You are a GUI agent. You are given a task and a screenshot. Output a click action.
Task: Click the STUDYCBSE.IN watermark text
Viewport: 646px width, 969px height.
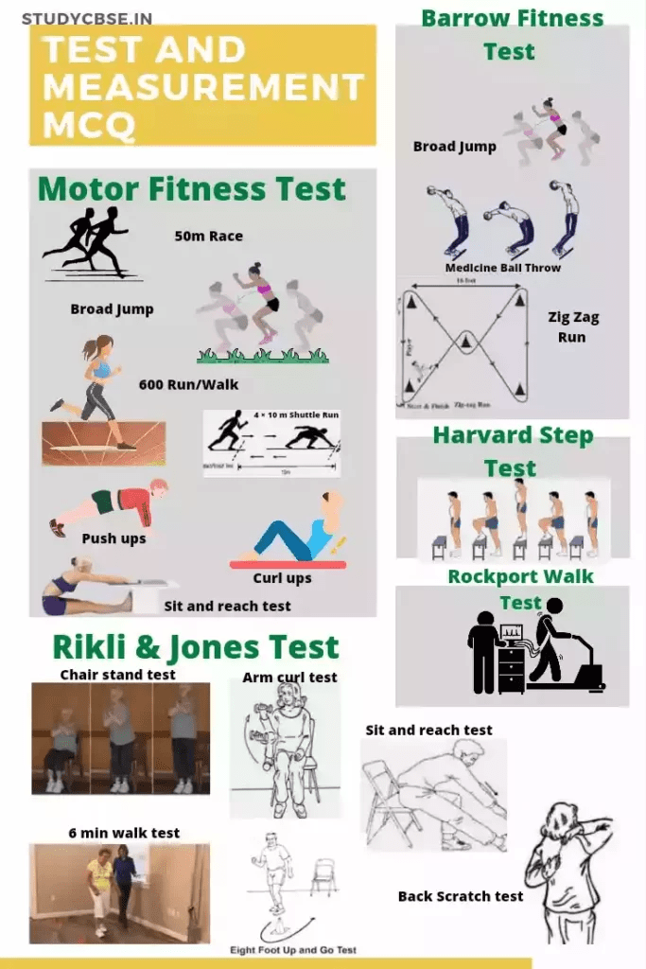pyautogui.click(x=86, y=19)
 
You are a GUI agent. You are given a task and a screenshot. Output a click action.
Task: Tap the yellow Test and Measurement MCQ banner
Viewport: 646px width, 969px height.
pyautogui.click(x=202, y=85)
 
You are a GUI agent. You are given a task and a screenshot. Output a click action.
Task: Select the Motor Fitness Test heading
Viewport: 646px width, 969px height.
pyautogui.click(x=192, y=189)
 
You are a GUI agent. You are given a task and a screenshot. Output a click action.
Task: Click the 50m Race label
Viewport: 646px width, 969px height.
pyautogui.click(x=208, y=236)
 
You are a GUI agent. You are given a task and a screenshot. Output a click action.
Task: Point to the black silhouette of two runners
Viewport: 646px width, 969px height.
pyautogui.click(x=87, y=242)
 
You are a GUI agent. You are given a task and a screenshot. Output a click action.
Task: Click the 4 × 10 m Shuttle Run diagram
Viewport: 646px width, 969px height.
pyautogui.click(x=271, y=442)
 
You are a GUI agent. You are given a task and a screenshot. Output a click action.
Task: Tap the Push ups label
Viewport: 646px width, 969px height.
pyautogui.click(x=113, y=538)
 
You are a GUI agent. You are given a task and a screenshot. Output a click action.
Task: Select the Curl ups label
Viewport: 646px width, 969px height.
pyautogui.click(x=282, y=578)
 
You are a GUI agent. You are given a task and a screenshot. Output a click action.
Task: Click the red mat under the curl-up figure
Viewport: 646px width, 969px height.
pyautogui.click(x=288, y=564)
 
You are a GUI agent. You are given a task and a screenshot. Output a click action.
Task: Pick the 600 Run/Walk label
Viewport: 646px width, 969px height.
pyautogui.click(x=188, y=384)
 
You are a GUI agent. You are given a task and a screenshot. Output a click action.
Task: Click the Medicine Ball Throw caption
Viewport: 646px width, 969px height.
pyautogui.click(x=502, y=268)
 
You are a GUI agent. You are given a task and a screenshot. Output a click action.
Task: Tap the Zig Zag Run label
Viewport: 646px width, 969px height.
pyautogui.click(x=573, y=326)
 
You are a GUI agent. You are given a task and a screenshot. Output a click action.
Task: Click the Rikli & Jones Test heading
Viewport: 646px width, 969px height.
pyautogui.click(x=195, y=647)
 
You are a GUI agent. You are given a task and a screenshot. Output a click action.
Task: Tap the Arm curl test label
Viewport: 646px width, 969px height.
pyautogui.click(x=289, y=678)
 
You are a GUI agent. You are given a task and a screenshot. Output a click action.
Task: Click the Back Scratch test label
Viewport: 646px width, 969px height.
pyautogui.click(x=460, y=896)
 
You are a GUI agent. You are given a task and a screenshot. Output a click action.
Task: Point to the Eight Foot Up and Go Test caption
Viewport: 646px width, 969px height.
pyautogui.click(x=293, y=949)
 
